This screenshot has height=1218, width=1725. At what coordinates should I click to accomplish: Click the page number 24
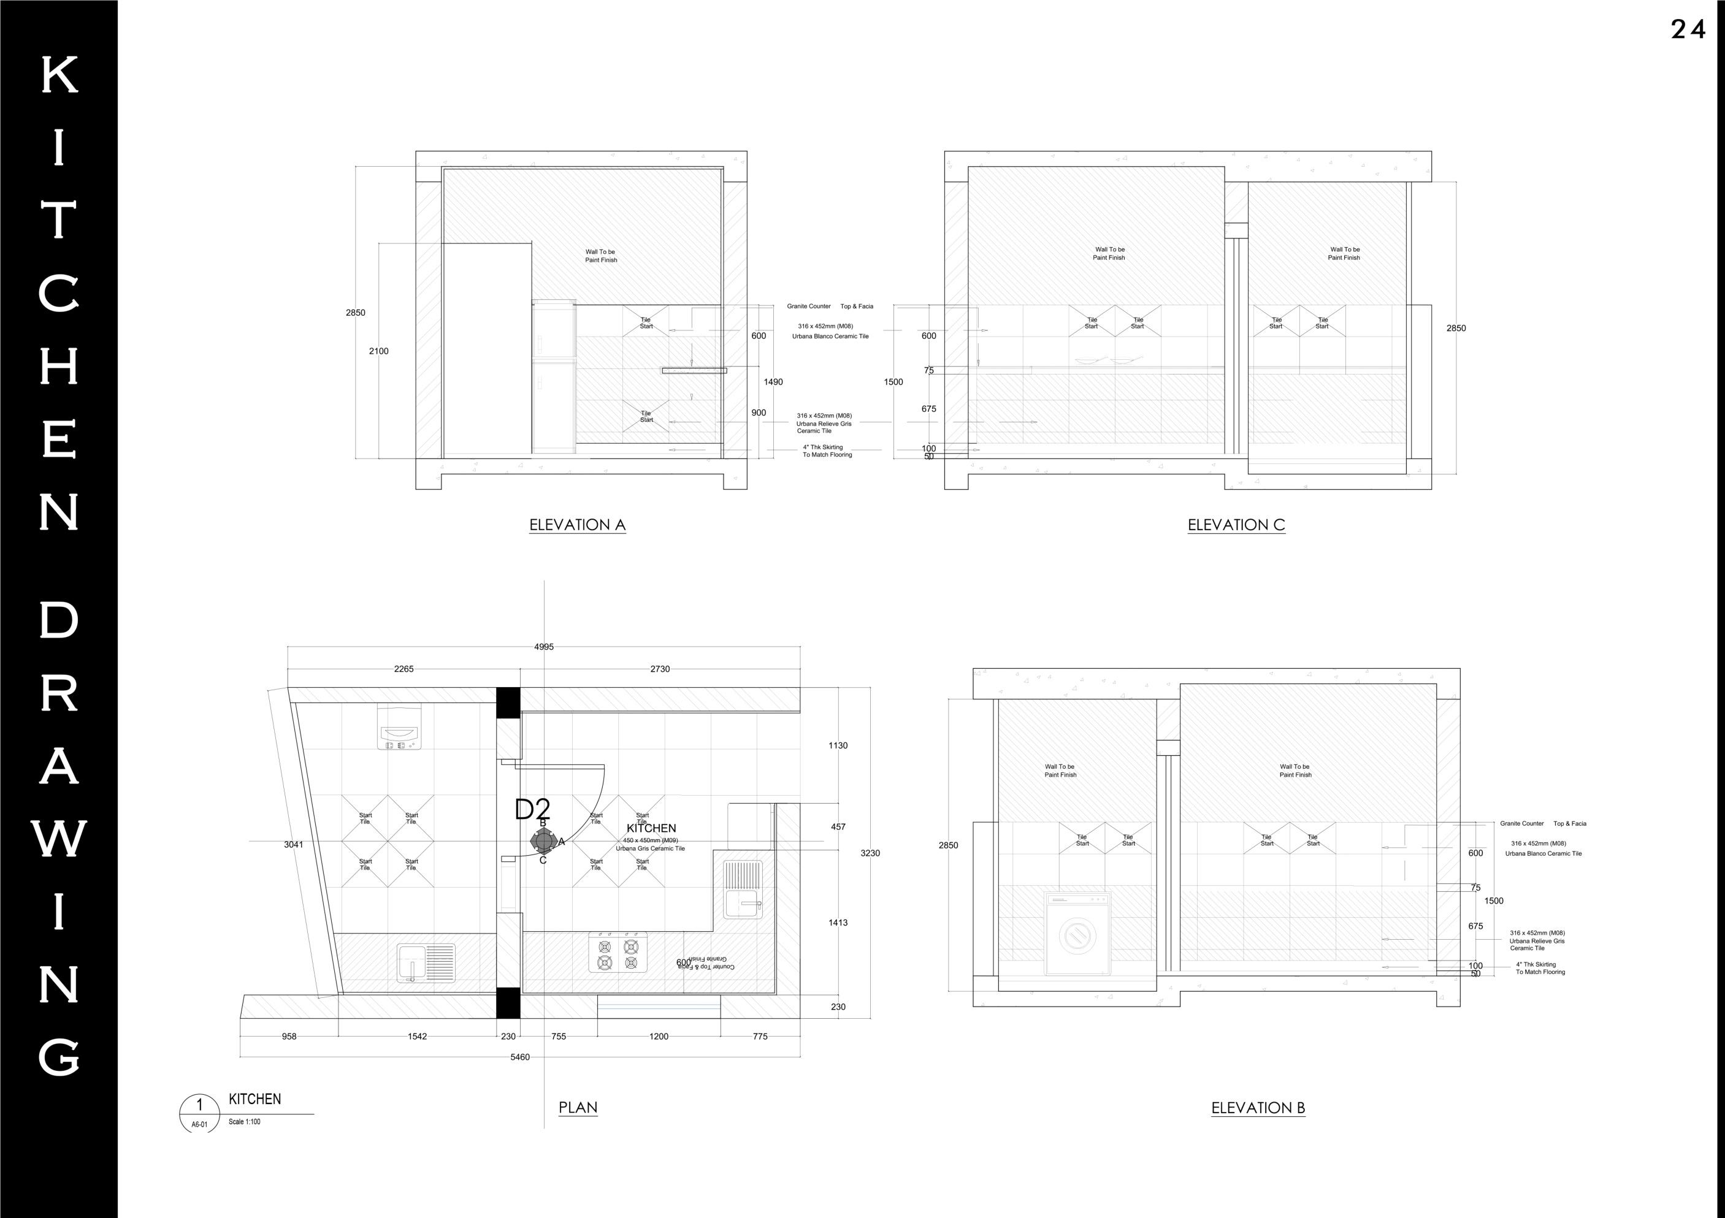point(1688,29)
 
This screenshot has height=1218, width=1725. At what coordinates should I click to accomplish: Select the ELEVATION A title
point(577,525)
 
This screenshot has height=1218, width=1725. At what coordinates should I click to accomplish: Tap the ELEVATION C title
point(1236,525)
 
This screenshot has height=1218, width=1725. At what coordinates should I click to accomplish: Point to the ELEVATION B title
point(1258,1108)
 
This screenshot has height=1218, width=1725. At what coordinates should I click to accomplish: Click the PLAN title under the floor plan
point(578,1107)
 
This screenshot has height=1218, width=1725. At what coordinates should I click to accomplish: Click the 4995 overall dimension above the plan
point(544,647)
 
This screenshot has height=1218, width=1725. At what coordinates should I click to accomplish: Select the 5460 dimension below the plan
point(520,1057)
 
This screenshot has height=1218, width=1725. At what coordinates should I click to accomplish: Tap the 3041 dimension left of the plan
point(294,845)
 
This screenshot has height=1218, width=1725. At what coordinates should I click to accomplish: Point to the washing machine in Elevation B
point(1077,934)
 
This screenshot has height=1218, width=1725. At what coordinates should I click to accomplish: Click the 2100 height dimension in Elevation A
point(378,351)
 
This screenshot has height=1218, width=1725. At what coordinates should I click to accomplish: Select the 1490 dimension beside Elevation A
point(773,383)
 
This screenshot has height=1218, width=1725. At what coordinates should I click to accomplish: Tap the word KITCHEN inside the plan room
point(651,828)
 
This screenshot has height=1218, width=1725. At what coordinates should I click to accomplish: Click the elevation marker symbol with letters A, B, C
point(543,841)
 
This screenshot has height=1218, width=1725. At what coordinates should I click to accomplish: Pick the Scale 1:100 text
point(245,1122)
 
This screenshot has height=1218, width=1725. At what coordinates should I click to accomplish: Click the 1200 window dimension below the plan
point(658,1037)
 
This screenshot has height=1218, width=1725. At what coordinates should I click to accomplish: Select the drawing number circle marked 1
point(199,1105)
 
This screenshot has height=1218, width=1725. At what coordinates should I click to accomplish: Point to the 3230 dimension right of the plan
point(870,853)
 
